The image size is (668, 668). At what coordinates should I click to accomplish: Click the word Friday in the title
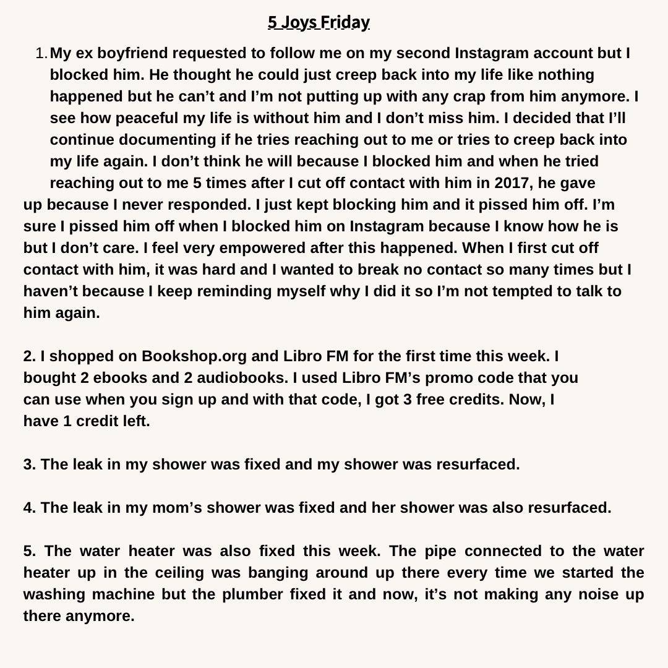[x=345, y=23]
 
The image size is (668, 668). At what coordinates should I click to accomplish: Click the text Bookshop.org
[x=194, y=356]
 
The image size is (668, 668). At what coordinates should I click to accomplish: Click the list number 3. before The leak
[x=30, y=465]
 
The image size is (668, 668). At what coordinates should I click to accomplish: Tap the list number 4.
[x=30, y=508]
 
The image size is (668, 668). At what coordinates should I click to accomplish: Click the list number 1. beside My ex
[x=41, y=54]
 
